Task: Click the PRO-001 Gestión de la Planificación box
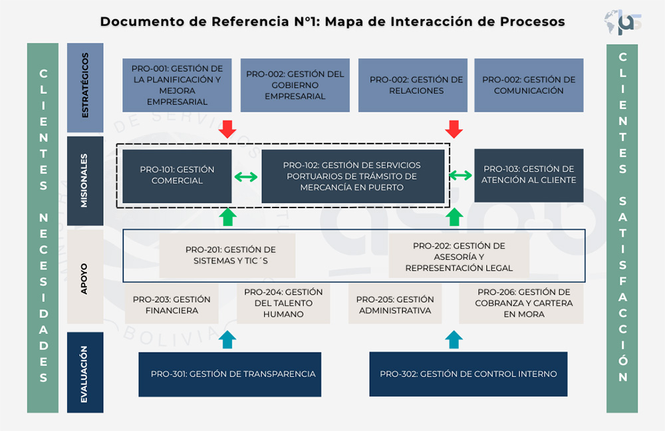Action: [177, 85]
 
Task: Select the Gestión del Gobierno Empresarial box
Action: [295, 85]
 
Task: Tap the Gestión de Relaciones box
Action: [416, 85]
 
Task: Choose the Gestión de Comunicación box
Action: [529, 85]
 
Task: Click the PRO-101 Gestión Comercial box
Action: [176, 176]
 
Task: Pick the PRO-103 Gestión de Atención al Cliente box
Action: [529, 175]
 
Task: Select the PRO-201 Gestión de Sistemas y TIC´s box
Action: [230, 255]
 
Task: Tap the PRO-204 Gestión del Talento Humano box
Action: [283, 303]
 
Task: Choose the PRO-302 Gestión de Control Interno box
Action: [468, 374]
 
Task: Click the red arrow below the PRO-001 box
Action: [227, 129]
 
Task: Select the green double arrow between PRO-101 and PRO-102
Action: [246, 177]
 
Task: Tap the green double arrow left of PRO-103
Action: [460, 176]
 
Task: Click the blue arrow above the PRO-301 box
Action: [227, 339]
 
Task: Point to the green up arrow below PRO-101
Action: [227, 217]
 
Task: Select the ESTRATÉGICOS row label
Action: [85, 88]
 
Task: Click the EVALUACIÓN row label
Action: [85, 372]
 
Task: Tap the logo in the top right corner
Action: [623, 22]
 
